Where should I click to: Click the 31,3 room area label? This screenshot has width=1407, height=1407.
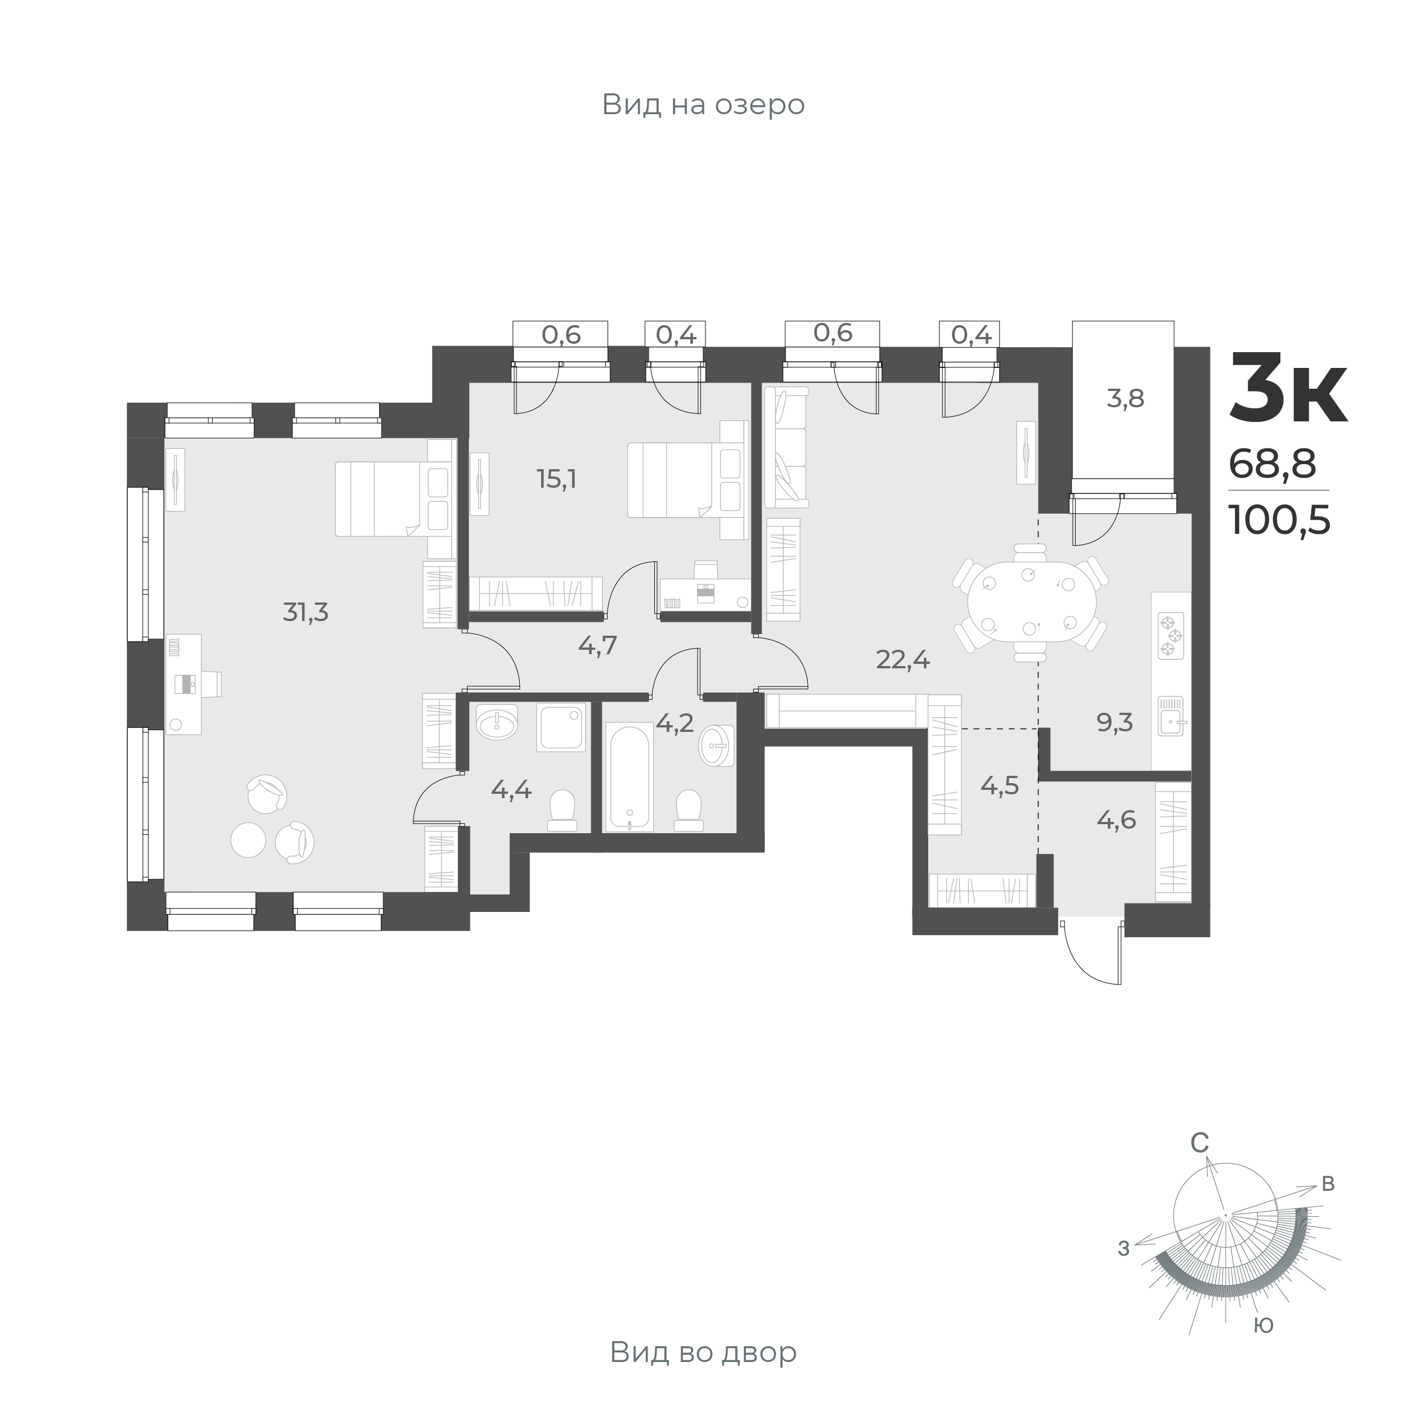(x=305, y=613)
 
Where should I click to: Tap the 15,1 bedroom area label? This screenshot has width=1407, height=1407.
(x=556, y=479)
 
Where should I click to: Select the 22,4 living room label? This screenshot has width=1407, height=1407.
(x=903, y=660)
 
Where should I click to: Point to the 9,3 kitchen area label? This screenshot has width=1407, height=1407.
(x=1114, y=723)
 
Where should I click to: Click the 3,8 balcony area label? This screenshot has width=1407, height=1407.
(x=1125, y=399)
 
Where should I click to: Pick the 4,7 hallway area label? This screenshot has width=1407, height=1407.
(x=597, y=645)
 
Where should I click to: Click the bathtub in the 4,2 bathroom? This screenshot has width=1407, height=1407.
(x=629, y=776)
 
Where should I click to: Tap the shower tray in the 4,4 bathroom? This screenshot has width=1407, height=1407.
(x=561, y=727)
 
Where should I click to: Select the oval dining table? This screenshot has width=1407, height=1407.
(x=1031, y=605)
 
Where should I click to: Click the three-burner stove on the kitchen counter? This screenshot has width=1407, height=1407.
(x=1170, y=636)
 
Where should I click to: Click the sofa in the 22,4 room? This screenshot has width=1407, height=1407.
(x=786, y=447)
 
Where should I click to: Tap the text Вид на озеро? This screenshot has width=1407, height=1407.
(x=703, y=105)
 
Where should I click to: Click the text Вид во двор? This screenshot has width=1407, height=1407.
(x=703, y=1352)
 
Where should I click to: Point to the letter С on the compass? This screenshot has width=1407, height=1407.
(x=1199, y=1164)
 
